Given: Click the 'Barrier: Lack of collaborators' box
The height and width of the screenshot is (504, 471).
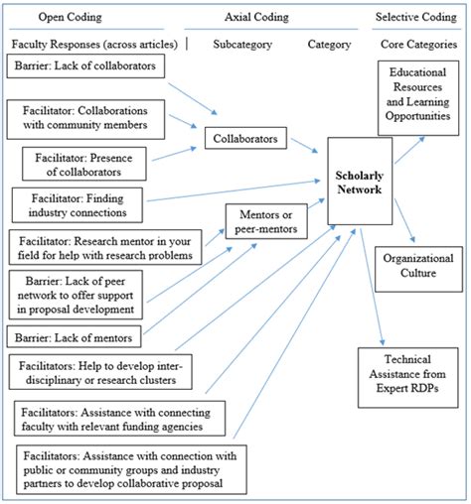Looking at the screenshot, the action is pyautogui.click(x=85, y=66).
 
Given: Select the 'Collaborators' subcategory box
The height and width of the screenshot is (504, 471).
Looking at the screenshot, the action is pyautogui.click(x=245, y=138).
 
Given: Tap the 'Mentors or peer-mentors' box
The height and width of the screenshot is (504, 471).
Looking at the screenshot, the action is pyautogui.click(x=266, y=221).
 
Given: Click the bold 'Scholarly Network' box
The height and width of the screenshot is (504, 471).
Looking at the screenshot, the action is pyautogui.click(x=360, y=182).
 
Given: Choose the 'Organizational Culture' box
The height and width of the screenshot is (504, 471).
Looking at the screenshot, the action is pyautogui.click(x=418, y=269).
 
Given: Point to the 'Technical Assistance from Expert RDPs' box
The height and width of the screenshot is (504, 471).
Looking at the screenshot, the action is pyautogui.click(x=408, y=377).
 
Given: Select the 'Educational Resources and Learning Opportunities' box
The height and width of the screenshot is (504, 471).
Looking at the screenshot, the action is pyautogui.click(x=418, y=98).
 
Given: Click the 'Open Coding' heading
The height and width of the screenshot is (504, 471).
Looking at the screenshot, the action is pyautogui.click(x=70, y=17).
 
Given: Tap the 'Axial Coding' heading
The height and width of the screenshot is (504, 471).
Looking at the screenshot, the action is pyautogui.click(x=256, y=17).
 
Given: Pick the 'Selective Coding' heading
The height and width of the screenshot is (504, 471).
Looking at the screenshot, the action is pyautogui.click(x=416, y=17).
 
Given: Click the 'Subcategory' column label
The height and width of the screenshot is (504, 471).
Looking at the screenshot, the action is pyautogui.click(x=242, y=45).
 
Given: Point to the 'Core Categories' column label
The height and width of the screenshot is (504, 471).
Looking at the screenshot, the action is pyautogui.click(x=419, y=45).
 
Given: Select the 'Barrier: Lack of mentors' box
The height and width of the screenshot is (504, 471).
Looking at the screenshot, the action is pyautogui.click(x=74, y=336).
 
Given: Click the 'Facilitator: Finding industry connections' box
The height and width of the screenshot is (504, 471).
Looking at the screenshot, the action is pyautogui.click(x=78, y=205).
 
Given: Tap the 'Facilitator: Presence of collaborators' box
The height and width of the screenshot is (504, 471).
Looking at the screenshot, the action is pyautogui.click(x=84, y=164).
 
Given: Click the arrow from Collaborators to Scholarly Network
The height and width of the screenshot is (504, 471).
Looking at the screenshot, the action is pyautogui.click(x=304, y=146).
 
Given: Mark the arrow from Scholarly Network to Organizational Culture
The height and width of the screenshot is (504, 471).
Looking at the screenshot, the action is pyautogui.click(x=404, y=220).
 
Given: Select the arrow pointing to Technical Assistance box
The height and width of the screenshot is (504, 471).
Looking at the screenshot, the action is pyautogui.click(x=373, y=287).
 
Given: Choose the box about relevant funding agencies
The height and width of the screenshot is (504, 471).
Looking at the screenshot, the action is pyautogui.click(x=119, y=419).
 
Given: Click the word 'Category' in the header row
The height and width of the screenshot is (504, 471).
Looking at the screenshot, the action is pyautogui.click(x=329, y=45).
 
